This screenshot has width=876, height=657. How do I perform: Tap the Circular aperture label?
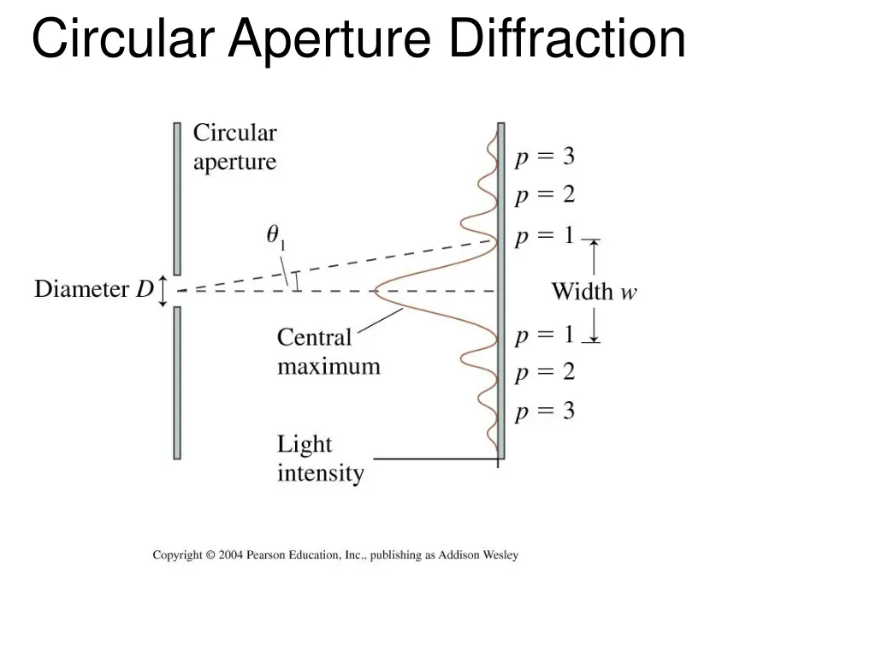234,147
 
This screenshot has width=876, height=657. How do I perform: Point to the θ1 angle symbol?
275,235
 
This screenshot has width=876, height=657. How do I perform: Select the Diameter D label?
93,289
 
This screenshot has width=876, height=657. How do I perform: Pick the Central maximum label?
328,352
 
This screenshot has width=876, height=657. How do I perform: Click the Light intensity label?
320,459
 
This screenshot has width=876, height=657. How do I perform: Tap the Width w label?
594,292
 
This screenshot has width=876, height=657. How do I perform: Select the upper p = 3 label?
544,157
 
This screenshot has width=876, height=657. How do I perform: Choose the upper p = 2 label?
544,196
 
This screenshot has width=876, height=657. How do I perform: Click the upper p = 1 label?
544,236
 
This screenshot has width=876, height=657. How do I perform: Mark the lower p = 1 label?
544,334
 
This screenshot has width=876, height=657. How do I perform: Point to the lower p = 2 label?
544,372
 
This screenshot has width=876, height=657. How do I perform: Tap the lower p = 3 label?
544,412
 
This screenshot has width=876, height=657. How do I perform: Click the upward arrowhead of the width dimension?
594,245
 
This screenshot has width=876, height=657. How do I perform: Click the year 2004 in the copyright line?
231,555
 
